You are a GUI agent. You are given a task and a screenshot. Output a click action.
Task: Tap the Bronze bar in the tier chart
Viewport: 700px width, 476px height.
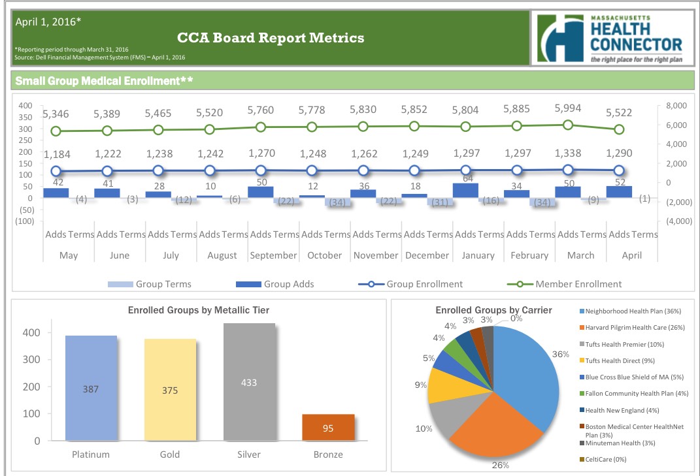point(328,427)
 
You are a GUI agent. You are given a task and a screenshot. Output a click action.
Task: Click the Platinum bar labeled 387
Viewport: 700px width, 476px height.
point(91,389)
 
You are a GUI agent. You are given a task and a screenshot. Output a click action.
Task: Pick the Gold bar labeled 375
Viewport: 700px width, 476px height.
point(169,390)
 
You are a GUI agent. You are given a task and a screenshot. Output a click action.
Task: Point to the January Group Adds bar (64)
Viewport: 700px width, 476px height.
point(465,190)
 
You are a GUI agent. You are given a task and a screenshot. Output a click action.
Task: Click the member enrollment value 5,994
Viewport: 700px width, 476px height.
point(567,108)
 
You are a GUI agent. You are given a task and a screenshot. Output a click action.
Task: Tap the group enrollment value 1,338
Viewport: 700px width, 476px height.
point(567,153)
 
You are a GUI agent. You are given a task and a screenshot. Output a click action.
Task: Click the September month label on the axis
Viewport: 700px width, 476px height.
point(273,255)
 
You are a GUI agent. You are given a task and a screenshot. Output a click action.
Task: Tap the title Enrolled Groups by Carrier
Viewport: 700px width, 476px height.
point(493,310)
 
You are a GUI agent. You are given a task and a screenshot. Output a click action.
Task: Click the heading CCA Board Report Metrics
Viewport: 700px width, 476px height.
point(271,38)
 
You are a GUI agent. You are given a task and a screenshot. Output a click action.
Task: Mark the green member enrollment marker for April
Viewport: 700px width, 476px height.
point(618,129)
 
